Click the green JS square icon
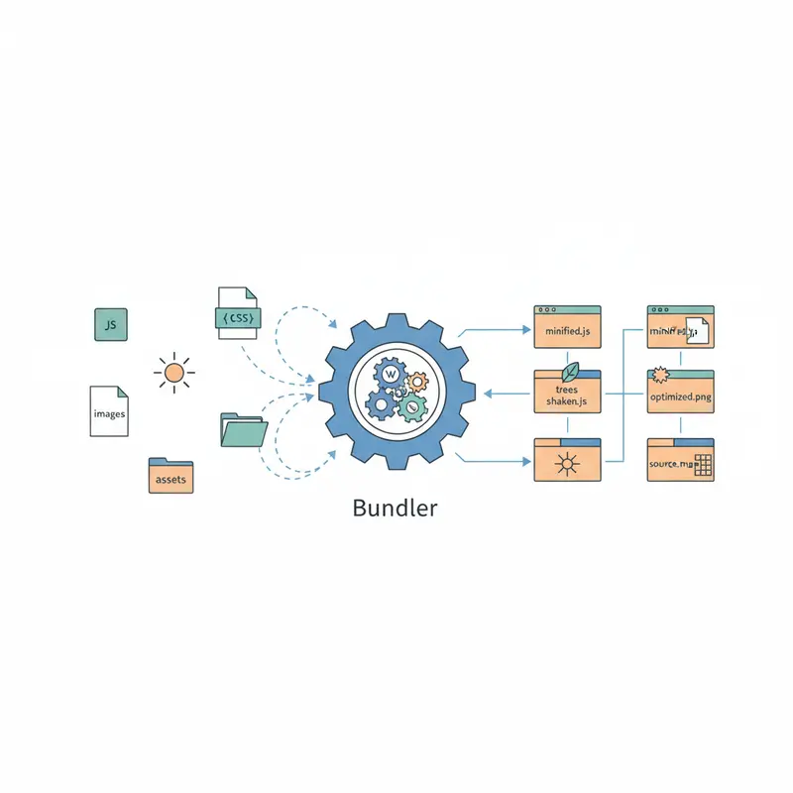[111, 324]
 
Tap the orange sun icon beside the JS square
[174, 373]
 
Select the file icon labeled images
[109, 412]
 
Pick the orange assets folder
[170, 477]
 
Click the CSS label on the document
[238, 318]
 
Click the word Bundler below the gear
[395, 509]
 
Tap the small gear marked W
[391, 374]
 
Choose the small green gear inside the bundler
[413, 404]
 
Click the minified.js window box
[568, 327]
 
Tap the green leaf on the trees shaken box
[571, 372]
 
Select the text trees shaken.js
[568, 396]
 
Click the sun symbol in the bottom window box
[568, 462]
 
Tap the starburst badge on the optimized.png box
[659, 377]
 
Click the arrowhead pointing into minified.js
[526, 327]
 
